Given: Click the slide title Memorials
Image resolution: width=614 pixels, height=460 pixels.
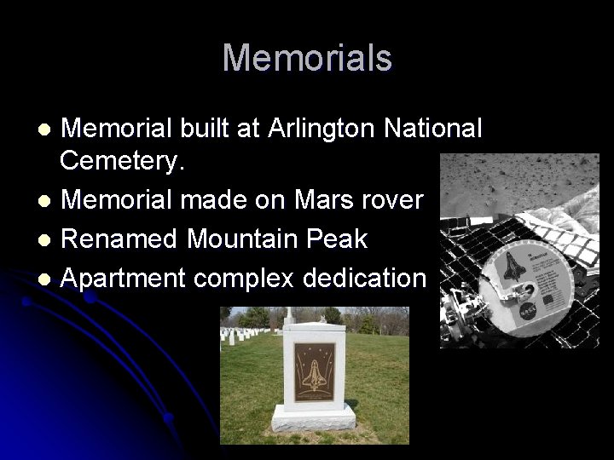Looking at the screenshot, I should (x=307, y=58).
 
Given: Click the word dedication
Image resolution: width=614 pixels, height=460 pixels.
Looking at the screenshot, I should (x=371, y=278).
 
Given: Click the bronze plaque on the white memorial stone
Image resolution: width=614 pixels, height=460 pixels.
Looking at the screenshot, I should (x=312, y=372).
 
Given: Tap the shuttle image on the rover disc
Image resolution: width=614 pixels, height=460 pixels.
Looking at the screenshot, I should (x=516, y=277).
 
